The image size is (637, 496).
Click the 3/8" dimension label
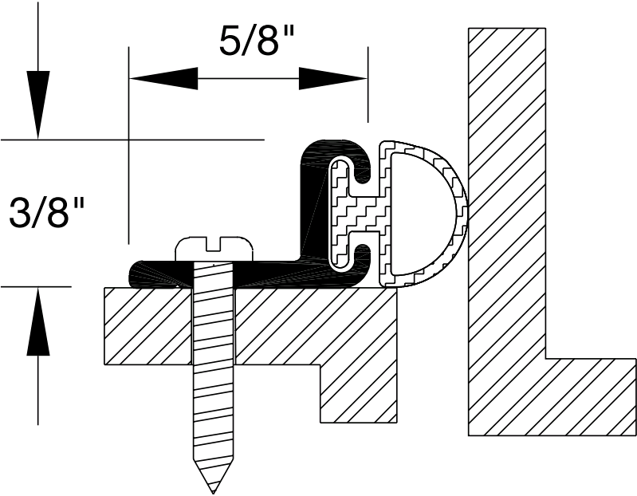click(x=47, y=214)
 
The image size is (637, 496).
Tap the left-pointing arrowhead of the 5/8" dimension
click(x=163, y=78)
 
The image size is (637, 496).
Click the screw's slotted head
click(x=214, y=247)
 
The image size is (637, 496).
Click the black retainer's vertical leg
click(x=313, y=207)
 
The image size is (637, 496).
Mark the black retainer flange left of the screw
click(x=155, y=274)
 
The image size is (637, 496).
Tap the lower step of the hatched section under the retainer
click(x=358, y=391)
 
